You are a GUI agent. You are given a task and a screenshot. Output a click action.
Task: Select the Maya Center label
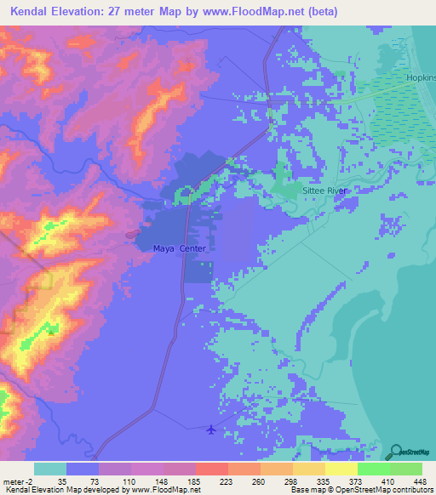[x=180, y=248]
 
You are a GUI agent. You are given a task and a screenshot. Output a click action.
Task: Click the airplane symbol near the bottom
[x=211, y=428]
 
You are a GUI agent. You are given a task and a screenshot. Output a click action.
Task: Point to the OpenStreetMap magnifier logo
[x=396, y=451]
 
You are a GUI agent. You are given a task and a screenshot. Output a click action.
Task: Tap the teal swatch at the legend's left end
[x=50, y=469]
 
